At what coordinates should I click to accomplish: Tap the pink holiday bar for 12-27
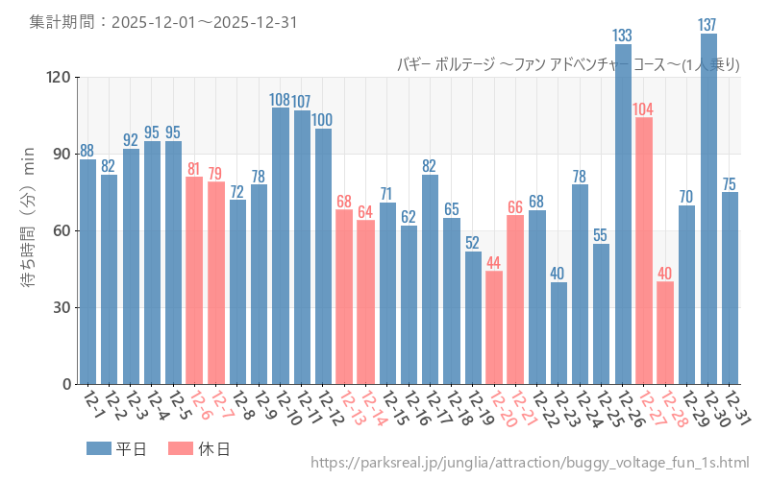[644, 251]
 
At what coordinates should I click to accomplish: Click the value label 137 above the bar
[708, 25]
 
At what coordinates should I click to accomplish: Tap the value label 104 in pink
[644, 108]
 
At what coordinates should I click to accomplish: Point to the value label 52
[473, 243]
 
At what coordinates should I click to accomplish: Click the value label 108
[281, 99]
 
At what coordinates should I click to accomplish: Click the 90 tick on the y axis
[60, 154]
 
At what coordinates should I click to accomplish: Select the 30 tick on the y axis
[60, 307]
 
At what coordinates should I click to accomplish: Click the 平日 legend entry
[115, 448]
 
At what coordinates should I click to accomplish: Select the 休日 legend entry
[198, 448]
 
